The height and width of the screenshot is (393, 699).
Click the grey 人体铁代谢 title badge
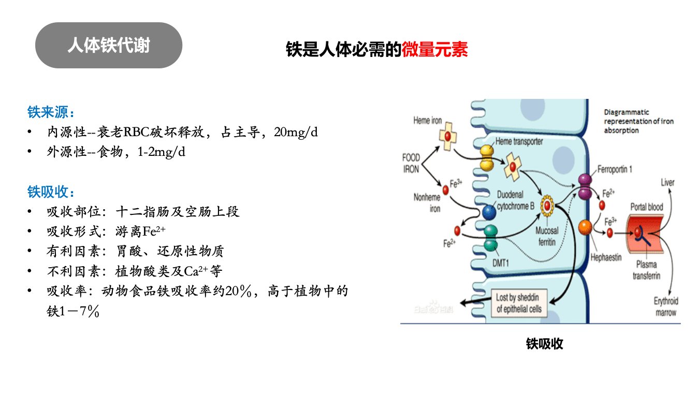109,45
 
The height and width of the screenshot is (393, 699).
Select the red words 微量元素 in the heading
435,49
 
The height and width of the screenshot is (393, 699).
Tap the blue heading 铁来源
51,112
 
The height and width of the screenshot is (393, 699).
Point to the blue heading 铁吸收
51,192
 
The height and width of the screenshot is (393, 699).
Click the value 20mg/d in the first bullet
296,132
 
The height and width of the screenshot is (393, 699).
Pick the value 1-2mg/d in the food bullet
162,152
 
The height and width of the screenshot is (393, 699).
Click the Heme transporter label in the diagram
519,141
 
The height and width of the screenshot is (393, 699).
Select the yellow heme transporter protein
487,158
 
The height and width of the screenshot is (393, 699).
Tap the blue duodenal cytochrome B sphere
489,212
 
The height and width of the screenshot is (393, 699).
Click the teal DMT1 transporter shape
490,238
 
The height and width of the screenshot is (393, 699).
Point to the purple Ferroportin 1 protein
585,187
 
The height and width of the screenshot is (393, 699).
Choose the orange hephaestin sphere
585,227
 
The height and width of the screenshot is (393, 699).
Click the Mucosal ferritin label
547,236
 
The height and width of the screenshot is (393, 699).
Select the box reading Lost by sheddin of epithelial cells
519,303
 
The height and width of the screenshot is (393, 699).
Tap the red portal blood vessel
645,233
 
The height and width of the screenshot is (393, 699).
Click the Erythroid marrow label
666,307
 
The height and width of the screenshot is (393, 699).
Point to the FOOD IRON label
411,163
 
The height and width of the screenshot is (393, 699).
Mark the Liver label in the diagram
667,183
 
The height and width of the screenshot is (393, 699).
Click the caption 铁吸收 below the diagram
545,344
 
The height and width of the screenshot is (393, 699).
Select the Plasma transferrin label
647,270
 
